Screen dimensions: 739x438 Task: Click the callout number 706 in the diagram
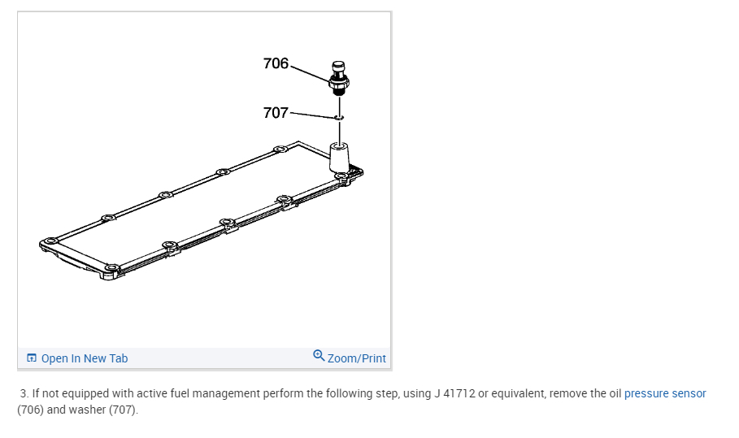click(276, 63)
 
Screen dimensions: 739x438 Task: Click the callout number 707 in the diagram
click(276, 113)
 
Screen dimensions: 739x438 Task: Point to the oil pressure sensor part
click(339, 78)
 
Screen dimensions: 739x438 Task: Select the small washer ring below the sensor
click(339, 117)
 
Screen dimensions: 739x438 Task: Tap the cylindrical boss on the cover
click(339, 158)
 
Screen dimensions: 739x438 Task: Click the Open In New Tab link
click(85, 358)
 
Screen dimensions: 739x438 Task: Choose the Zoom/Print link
click(357, 358)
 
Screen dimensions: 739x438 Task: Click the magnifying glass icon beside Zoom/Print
click(319, 356)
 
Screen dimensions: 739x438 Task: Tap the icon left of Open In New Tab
click(32, 358)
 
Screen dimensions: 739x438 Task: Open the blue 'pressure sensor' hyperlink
click(665, 393)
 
